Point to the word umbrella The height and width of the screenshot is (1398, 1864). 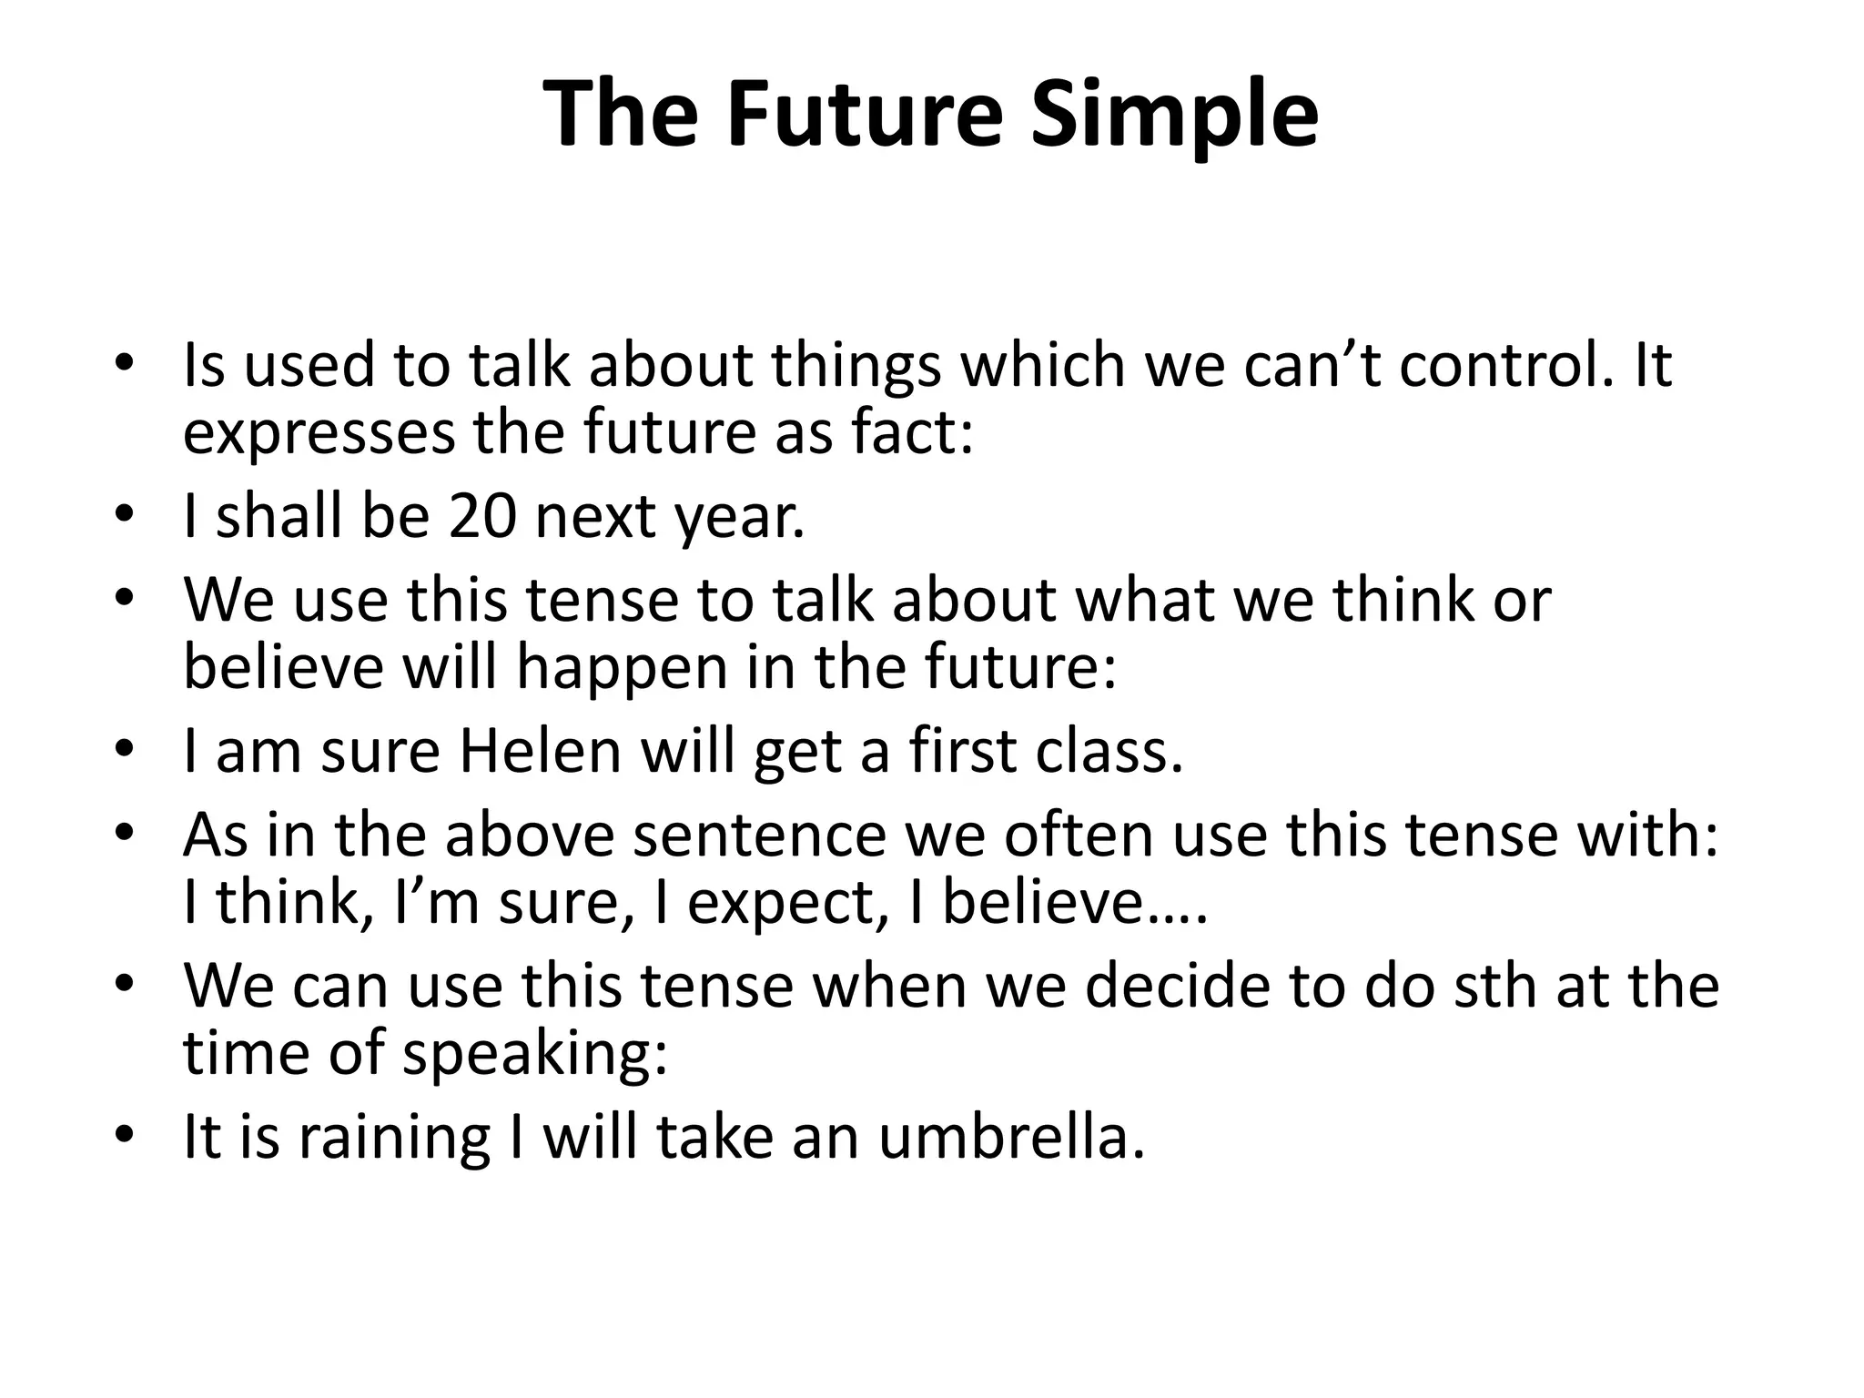click(1009, 1137)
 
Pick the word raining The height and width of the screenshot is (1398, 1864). click(394, 1139)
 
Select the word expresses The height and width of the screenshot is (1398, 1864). click(319, 435)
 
